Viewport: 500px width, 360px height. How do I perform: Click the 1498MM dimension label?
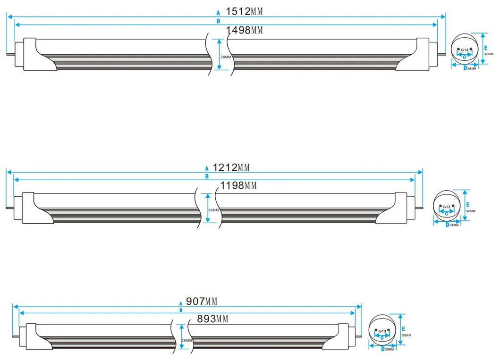(x=244, y=31)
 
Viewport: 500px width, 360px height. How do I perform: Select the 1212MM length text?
(x=231, y=167)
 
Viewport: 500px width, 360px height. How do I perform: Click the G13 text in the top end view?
(x=465, y=50)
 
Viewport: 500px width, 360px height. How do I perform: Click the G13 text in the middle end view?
(x=447, y=207)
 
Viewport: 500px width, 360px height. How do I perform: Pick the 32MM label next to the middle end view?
(x=471, y=211)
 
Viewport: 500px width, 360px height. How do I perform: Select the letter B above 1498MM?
(x=218, y=21)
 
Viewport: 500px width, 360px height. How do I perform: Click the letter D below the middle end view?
(x=447, y=225)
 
